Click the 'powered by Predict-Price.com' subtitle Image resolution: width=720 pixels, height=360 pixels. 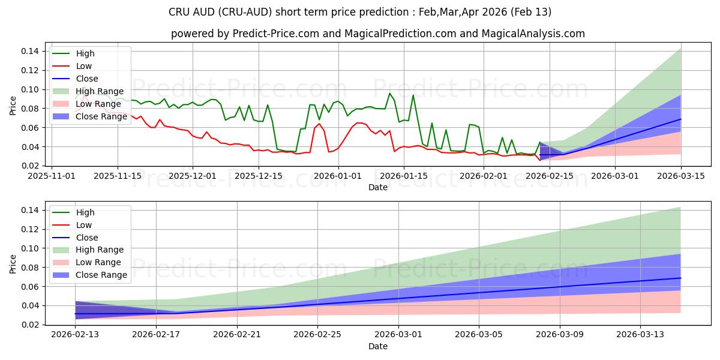pos(377,34)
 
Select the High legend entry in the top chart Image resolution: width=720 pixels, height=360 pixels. pos(85,53)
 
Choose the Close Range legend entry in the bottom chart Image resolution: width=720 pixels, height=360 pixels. pos(101,275)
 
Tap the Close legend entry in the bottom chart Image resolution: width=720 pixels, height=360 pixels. pos(86,238)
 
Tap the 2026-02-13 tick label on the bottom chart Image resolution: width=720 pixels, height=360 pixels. pos(75,335)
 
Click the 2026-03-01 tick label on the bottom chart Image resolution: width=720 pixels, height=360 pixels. pos(398,335)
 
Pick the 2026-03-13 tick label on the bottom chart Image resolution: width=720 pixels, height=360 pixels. pos(641,335)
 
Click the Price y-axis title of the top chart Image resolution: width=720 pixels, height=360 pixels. pos(13,106)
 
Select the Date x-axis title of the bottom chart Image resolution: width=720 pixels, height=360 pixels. pos(377,346)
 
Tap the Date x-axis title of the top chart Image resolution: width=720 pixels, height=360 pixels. pos(377,187)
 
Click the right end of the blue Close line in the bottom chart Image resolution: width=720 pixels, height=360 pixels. pos(680,278)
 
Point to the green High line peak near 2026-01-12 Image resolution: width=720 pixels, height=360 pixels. pos(389,93)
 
